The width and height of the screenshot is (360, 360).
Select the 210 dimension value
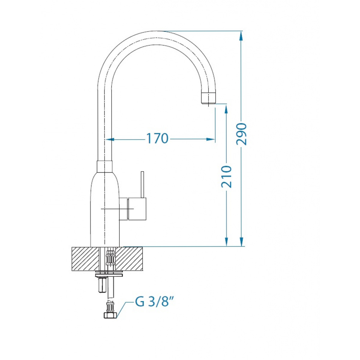(226, 176)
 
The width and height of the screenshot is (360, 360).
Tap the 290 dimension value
(241, 134)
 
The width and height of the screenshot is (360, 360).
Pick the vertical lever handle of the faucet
(142, 184)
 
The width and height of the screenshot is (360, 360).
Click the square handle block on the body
(137, 208)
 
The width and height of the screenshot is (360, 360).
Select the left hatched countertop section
(85, 259)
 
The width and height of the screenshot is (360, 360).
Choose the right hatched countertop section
(129, 259)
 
